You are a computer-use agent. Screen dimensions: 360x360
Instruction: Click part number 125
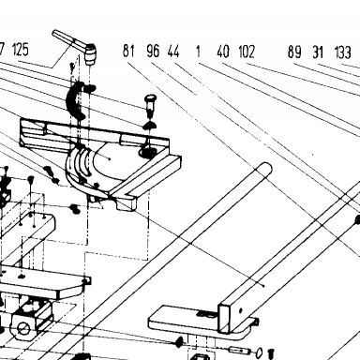pos(21,50)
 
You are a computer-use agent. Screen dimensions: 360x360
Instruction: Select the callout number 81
pos(128,51)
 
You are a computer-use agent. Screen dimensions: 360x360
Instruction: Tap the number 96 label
pos(153,51)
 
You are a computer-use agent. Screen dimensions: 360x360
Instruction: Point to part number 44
pos(173,51)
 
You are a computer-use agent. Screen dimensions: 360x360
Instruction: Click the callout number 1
pos(198,52)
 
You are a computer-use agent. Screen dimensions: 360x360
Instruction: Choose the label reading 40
pos(223,52)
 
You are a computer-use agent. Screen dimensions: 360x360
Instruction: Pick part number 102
pos(247,52)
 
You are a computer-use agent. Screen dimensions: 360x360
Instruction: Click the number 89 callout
pos(294,52)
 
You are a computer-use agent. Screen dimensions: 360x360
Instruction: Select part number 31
pos(318,52)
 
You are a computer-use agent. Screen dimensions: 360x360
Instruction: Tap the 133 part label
pos(343,52)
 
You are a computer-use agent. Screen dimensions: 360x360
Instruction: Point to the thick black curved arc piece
pos(74,100)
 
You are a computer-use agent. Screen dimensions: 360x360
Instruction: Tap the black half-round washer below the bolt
pos(150,126)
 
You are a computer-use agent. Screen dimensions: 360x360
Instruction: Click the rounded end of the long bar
pos(266,168)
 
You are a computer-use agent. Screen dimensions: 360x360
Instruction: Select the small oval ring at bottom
pos(260,352)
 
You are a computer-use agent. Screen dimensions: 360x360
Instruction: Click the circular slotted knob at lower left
pos(23,328)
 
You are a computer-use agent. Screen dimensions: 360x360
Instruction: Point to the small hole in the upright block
pos(240,310)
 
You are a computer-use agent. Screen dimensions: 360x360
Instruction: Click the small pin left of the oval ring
pos(240,351)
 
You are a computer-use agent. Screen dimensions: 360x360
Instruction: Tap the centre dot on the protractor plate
pos(109,158)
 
